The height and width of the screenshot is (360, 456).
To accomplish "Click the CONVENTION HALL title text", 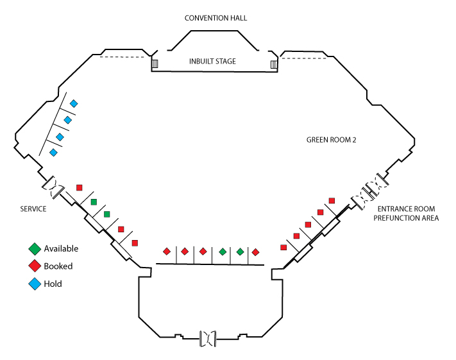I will point(215,18).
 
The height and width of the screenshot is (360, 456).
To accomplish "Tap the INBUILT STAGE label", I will point(212,62).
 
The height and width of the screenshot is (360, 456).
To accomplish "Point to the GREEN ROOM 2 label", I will point(330,139).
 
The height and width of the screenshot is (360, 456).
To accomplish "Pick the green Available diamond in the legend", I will point(34,249).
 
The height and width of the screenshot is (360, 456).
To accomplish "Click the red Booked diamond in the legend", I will point(34,266).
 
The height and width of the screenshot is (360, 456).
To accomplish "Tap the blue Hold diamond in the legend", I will point(34,284).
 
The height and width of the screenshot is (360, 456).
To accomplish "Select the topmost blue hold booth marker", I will point(74,103).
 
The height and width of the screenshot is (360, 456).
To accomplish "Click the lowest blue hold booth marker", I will point(53,153).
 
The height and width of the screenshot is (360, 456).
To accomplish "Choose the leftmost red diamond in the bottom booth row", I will point(167,252).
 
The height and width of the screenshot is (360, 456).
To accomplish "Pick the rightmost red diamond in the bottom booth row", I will point(255,252).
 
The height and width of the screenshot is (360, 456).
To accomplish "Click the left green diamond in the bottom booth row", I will point(223,252).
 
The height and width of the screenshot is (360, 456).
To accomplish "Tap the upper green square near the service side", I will point(94,202).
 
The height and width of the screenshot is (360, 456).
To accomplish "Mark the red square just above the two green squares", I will point(80,187).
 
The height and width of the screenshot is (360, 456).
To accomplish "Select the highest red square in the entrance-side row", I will point(332,201).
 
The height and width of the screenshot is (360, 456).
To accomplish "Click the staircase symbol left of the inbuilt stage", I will point(155,64).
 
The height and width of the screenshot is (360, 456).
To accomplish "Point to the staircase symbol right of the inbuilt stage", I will point(274,64).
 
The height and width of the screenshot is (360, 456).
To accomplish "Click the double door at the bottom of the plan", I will point(208,338).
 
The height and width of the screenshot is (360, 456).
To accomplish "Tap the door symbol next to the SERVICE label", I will point(54,187).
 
